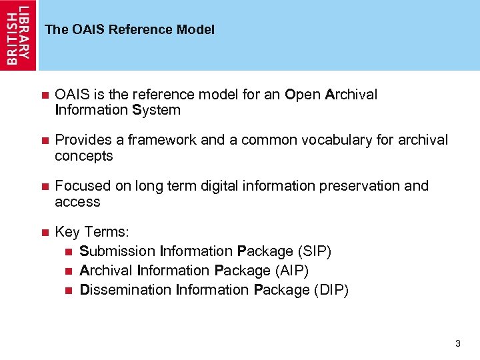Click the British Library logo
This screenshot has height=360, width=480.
click(x=19, y=35)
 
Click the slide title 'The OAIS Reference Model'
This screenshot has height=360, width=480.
click(x=129, y=30)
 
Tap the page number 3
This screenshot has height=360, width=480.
click(x=457, y=344)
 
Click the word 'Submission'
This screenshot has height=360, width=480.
click(x=117, y=251)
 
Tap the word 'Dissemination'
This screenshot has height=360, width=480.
click(x=125, y=290)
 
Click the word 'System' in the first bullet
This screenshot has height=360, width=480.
click(x=157, y=111)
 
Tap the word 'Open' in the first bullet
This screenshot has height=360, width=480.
click(x=303, y=95)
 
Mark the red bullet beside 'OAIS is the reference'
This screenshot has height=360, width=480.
click(x=45, y=95)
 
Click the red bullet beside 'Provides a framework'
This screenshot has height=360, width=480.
click(x=45, y=141)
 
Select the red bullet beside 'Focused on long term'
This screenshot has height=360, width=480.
click(x=45, y=187)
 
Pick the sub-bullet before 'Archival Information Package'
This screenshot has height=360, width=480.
click(x=69, y=271)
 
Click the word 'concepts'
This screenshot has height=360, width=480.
click(x=84, y=157)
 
